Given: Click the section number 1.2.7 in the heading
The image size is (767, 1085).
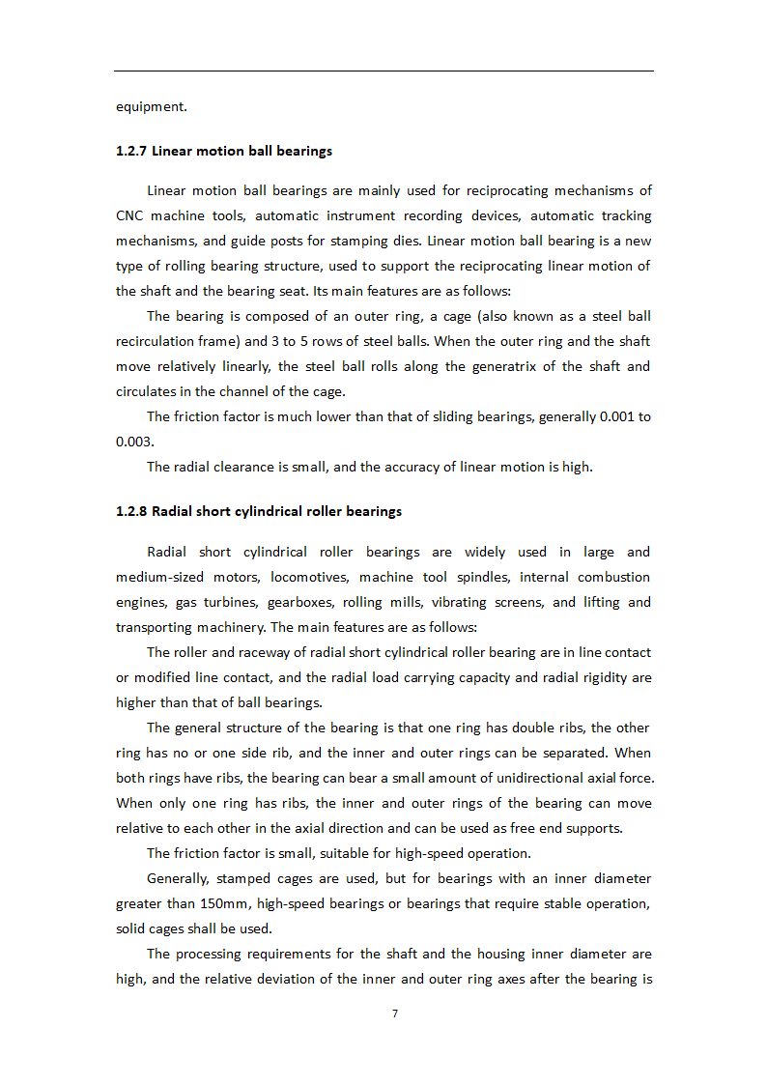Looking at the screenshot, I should [x=132, y=151].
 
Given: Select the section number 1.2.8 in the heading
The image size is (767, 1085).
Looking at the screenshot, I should [x=132, y=511].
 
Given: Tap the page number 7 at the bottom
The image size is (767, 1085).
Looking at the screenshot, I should [x=395, y=1014].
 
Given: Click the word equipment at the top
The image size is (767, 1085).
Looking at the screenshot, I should [x=151, y=106].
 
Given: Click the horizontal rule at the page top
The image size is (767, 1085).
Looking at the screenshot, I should [x=383, y=71].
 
